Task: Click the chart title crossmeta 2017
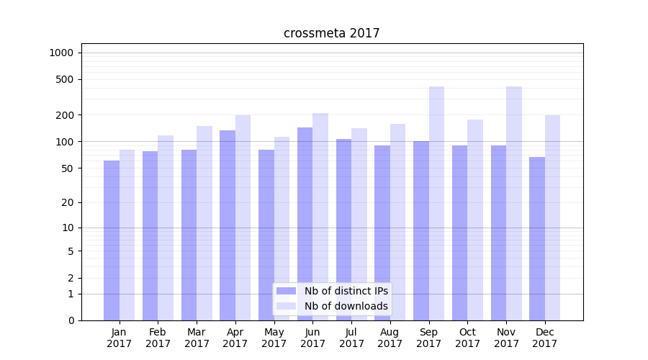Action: click(x=331, y=33)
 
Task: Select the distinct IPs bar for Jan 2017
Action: click(x=112, y=240)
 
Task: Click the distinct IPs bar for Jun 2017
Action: click(x=305, y=224)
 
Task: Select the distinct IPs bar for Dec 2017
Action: click(x=537, y=238)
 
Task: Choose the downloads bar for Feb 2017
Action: click(x=166, y=228)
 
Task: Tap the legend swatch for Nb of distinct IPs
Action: click(x=287, y=291)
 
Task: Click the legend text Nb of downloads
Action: click(x=346, y=306)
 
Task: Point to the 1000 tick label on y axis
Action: click(x=61, y=53)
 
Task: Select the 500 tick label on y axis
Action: click(x=65, y=79)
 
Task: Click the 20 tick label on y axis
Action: click(x=68, y=202)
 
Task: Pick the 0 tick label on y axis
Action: click(x=71, y=320)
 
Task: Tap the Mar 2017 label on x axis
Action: click(x=197, y=338)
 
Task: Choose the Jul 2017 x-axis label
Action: click(x=351, y=338)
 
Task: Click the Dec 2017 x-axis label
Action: click(x=545, y=338)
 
